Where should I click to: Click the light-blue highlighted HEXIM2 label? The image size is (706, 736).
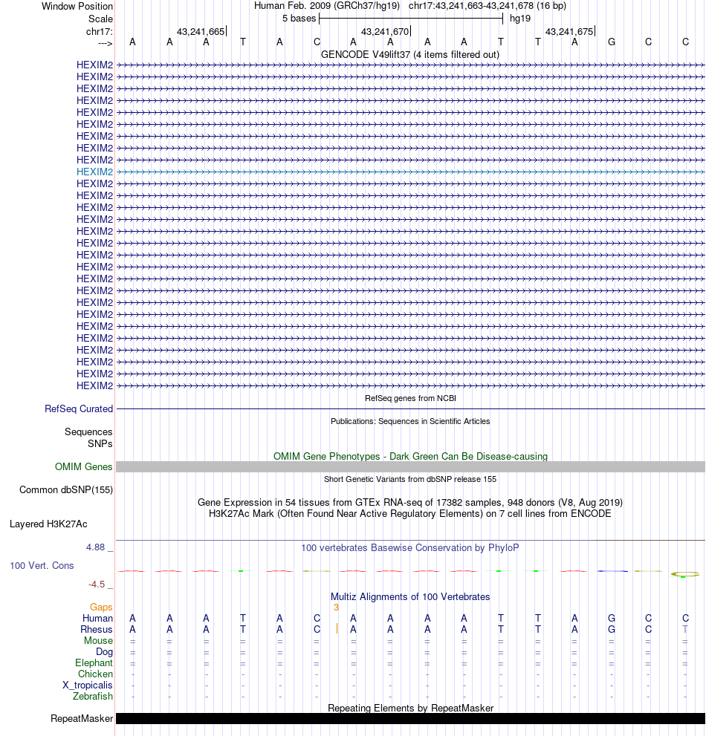(94, 172)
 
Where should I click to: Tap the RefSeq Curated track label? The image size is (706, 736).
(79, 408)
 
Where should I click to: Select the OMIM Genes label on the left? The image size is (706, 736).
(84, 467)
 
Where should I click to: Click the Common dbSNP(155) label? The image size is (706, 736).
(66, 489)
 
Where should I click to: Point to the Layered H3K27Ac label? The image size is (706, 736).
(61, 524)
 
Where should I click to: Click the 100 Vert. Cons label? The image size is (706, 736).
(42, 566)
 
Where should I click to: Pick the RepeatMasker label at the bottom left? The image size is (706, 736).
(82, 718)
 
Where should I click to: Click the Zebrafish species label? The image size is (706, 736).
(93, 696)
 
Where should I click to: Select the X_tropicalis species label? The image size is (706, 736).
(88, 685)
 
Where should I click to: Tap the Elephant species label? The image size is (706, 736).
(94, 662)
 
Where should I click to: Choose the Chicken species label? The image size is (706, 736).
(95, 674)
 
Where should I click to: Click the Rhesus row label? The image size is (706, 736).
(97, 629)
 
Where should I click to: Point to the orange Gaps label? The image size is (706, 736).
(101, 607)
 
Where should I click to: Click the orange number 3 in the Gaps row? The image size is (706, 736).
(336, 607)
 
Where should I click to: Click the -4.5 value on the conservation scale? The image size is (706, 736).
(97, 584)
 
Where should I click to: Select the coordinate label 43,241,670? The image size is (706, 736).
(385, 32)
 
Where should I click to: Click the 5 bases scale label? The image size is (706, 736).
(299, 18)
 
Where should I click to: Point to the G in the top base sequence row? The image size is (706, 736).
(612, 42)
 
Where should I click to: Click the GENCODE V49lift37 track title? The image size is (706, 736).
(409, 54)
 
